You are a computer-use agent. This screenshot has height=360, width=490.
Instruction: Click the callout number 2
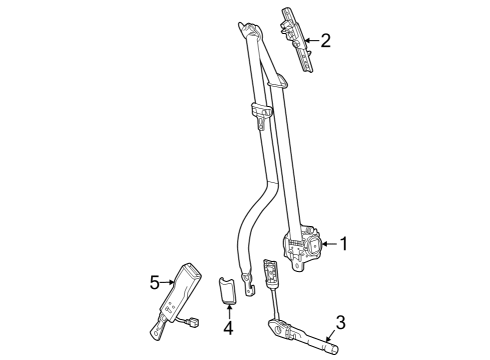click(324, 41)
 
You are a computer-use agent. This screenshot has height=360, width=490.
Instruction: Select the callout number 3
click(340, 322)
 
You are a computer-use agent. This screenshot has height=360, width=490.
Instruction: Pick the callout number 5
click(155, 283)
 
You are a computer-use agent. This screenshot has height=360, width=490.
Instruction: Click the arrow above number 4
click(228, 309)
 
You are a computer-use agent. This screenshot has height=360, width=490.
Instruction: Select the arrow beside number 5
click(169, 283)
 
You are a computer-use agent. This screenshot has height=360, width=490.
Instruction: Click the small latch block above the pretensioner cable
click(269, 272)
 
